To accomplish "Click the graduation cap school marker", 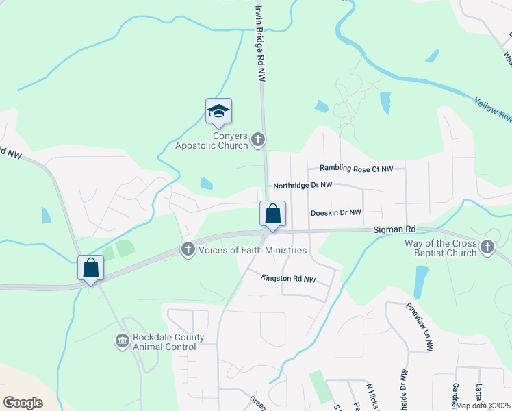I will tap(219, 111).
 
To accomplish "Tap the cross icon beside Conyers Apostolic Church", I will tap(258, 140).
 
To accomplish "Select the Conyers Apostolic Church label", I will tap(212, 140).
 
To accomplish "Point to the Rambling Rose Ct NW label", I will tap(357, 169).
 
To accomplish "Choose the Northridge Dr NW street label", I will tap(302, 185).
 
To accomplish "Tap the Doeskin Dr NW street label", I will tap(335, 213).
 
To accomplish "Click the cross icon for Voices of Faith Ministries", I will tap(188, 250).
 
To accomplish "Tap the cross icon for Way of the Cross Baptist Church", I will tap(487, 247).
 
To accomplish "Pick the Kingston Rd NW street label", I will tap(288, 279).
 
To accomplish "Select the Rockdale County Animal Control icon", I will tap(122, 340).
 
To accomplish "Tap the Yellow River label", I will tap(493, 110).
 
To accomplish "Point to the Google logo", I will tap(23, 403).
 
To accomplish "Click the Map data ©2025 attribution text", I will tap(483, 406).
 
